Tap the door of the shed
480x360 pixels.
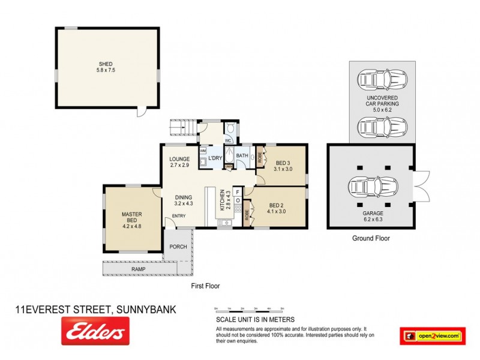(141, 112)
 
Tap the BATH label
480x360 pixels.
(242, 156)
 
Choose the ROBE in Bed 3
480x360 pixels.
(260, 158)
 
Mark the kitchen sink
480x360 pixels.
(224, 223)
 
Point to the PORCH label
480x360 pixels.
(178, 247)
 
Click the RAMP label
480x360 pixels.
(139, 270)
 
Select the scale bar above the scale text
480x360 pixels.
(249, 311)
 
